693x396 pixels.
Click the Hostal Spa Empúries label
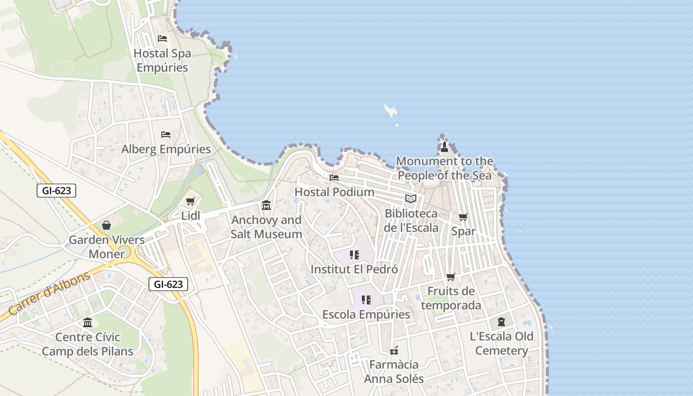(162, 60)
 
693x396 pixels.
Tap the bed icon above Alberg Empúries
(166, 135)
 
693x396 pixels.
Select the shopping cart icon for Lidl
(190, 201)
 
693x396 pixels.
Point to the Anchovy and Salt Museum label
(266, 227)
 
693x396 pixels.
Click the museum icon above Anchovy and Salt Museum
(266, 205)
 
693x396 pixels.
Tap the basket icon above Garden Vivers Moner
(106, 226)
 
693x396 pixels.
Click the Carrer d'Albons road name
(49, 293)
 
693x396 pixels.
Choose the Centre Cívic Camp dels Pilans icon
(88, 323)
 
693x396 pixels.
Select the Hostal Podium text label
(334, 192)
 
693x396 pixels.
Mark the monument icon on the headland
(444, 147)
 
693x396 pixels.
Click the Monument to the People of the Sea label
(445, 168)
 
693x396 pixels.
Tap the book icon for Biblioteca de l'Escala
(410, 199)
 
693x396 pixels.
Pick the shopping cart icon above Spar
(463, 217)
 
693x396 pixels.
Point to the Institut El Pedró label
(354, 269)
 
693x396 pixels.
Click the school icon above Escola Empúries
(366, 300)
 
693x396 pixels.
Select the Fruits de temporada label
(450, 298)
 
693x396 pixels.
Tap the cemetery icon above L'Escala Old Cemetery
(501, 322)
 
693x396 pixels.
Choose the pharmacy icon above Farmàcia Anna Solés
(394, 350)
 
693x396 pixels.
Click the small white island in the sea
(391, 111)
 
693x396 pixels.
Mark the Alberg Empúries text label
(166, 149)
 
